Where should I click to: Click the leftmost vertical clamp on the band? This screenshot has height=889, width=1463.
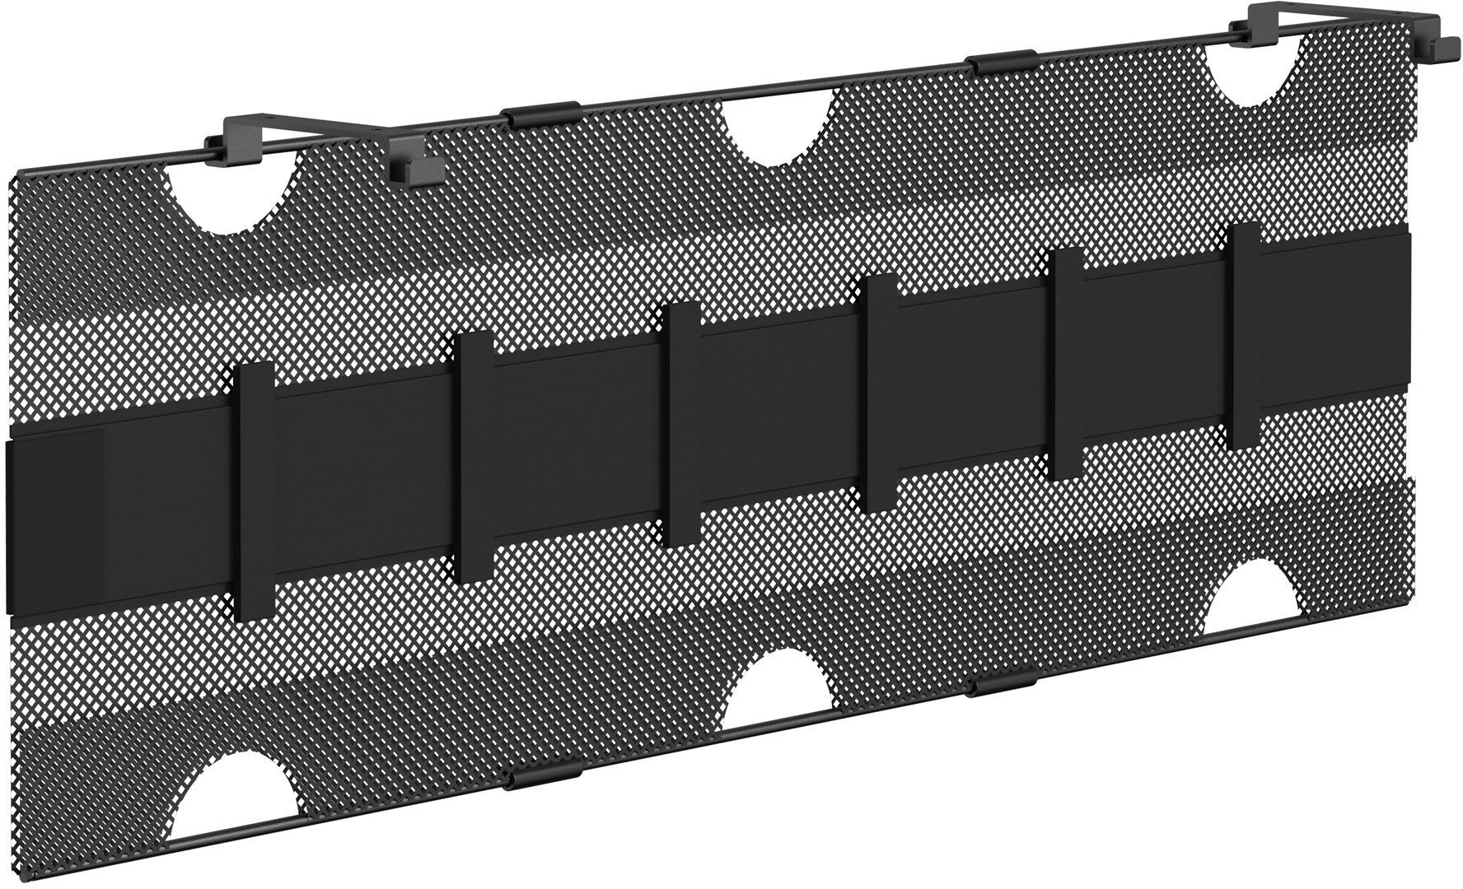point(255,491)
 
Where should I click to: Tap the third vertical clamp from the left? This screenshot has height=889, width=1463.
point(681,425)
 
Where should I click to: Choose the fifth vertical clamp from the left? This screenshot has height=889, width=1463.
point(1068,363)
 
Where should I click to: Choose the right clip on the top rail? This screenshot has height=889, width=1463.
point(1003,63)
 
